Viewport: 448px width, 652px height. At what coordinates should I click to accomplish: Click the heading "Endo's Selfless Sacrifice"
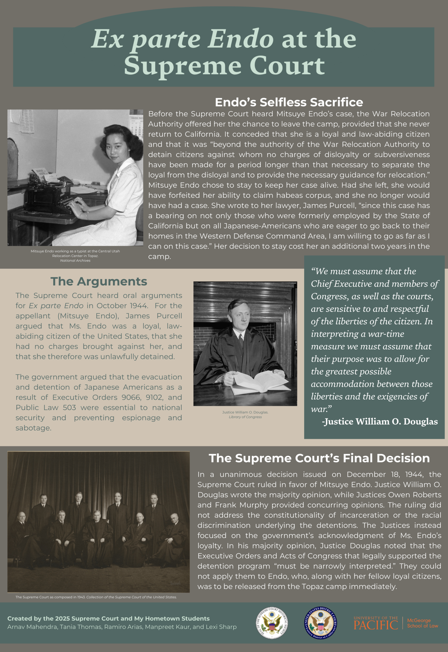point(289,102)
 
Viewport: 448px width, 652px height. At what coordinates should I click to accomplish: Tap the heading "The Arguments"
point(99,281)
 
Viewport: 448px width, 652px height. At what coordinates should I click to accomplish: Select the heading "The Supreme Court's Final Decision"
point(319,458)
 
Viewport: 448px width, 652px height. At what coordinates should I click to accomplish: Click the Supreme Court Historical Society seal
point(271,623)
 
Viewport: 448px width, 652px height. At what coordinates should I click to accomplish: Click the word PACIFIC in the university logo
point(375,625)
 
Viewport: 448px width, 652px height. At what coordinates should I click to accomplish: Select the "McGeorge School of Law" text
point(422,623)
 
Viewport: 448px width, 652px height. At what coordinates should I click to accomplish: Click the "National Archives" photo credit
point(75,261)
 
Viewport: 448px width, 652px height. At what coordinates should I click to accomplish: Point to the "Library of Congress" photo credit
point(245,417)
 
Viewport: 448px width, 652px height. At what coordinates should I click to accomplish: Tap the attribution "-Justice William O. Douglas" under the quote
point(380,422)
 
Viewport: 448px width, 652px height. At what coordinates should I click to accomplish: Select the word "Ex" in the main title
point(107,39)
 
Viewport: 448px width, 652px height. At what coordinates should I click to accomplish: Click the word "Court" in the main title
point(287,66)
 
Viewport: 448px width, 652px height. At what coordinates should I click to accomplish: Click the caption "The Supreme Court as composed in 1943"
point(50,597)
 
